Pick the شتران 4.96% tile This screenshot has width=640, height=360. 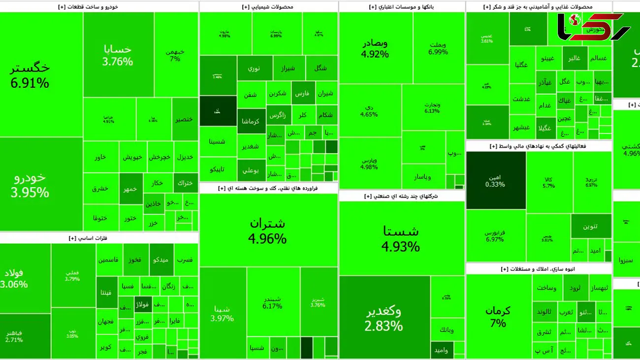point(267,230)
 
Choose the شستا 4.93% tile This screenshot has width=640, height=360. point(401,238)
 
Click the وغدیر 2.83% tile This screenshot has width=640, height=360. point(384,318)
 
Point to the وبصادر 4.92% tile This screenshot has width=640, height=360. point(375,48)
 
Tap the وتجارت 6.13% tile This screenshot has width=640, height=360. point(432,107)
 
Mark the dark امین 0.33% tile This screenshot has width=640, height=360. point(495,180)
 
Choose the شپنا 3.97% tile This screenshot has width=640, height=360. point(222,313)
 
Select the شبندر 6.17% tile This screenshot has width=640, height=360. point(272,301)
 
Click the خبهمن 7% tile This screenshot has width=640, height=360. point(175,55)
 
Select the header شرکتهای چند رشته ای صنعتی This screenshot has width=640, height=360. point(402,196)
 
